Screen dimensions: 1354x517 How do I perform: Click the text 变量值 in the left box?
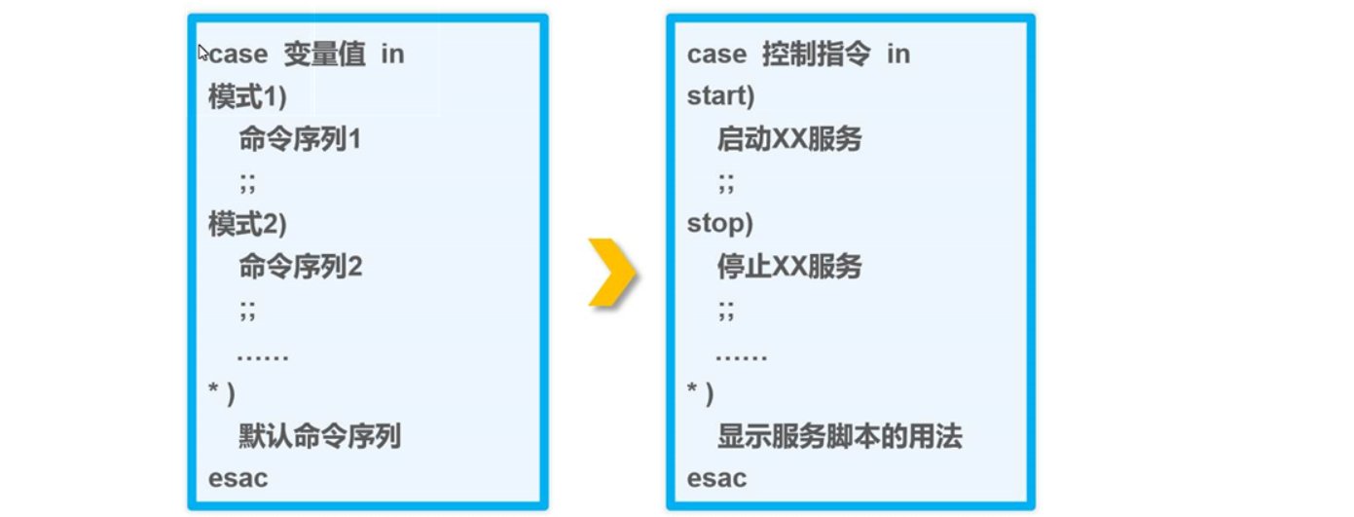324,55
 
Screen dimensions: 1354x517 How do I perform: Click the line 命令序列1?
300,140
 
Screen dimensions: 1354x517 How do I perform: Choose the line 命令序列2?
300,267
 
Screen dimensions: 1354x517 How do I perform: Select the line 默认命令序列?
319,436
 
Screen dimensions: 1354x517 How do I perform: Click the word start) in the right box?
721,97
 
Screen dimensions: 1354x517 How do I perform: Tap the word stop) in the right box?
720,224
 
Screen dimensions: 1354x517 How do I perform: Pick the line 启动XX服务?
789,140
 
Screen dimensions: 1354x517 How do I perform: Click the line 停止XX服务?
789,267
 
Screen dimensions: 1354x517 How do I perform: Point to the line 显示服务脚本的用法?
839,436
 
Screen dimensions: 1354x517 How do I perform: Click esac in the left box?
238,479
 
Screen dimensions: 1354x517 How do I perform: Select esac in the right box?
716,479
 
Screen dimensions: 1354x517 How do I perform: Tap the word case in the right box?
716,55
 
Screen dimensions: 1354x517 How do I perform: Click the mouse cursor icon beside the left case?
203,53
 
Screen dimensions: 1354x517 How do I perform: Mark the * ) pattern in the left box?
222,393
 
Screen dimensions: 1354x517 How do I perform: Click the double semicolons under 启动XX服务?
726,182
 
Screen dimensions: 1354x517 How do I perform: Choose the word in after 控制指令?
897,55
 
